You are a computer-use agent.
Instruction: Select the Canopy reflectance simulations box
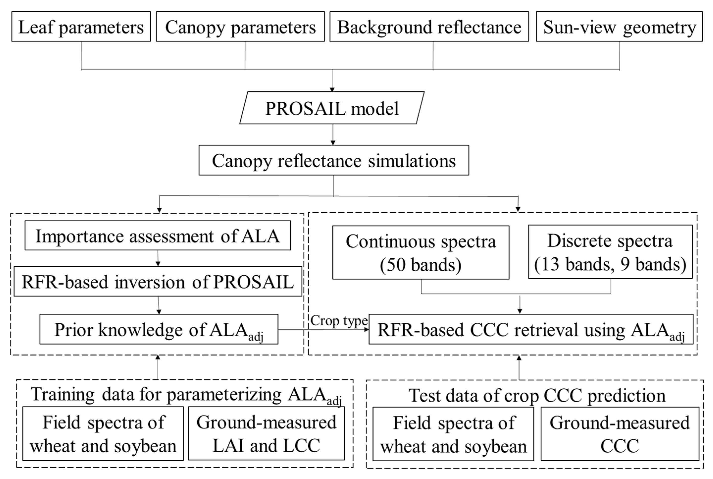click(334, 160)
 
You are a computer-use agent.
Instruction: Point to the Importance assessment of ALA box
click(157, 236)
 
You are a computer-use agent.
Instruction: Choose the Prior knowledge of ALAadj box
click(159, 330)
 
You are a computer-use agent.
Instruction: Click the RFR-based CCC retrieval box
click(531, 330)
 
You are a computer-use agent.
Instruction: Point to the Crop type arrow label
click(339, 321)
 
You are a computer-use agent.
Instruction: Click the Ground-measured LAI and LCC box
click(266, 433)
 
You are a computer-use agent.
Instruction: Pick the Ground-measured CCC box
click(620, 434)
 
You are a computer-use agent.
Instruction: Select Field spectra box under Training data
click(103, 433)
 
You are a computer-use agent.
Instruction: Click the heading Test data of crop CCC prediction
click(537, 395)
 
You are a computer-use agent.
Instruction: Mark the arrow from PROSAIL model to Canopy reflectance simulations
click(333, 134)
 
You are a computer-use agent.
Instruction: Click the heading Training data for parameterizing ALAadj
click(186, 395)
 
